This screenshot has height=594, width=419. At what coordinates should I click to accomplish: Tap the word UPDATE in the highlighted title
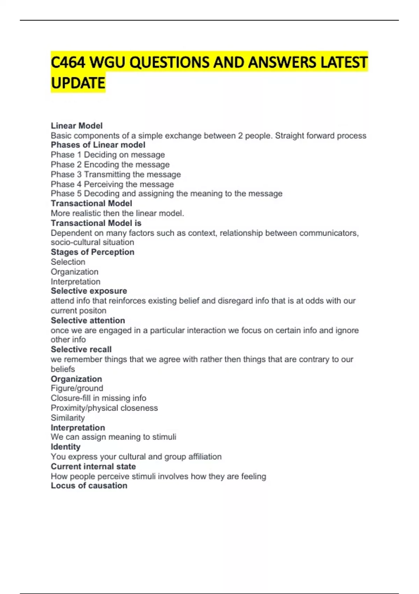[78, 83]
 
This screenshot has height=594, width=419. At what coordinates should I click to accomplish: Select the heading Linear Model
[76, 126]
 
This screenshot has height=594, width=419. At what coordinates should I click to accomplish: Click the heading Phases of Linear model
[98, 145]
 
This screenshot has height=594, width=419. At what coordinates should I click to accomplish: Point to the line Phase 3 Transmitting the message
[116, 174]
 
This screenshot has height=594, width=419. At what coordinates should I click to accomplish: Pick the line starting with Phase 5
[167, 194]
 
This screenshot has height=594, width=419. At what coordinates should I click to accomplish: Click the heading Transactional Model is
[96, 223]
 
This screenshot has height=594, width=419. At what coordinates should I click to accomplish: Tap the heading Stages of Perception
[92, 252]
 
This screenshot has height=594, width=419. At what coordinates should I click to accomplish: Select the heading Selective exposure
[89, 291]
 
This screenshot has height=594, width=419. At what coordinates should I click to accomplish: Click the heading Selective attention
[88, 320]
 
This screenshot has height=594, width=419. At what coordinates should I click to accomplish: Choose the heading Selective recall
[81, 349]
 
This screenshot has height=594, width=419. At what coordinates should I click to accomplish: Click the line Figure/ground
[77, 388]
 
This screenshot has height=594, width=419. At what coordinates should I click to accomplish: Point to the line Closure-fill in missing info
[98, 398]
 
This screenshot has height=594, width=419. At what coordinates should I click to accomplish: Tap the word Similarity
[68, 418]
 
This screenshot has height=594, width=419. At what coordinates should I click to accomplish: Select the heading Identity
[65, 447]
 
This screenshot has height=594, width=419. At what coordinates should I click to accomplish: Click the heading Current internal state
[93, 466]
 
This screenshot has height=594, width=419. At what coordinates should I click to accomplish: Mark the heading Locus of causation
[89, 486]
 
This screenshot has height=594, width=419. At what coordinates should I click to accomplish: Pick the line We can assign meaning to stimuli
[113, 437]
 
